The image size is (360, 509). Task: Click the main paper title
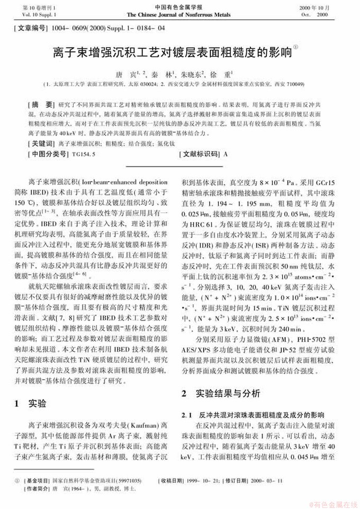[x=172, y=53]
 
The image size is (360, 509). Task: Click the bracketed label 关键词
[x=42, y=143]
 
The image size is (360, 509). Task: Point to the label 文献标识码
[x=199, y=154]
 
